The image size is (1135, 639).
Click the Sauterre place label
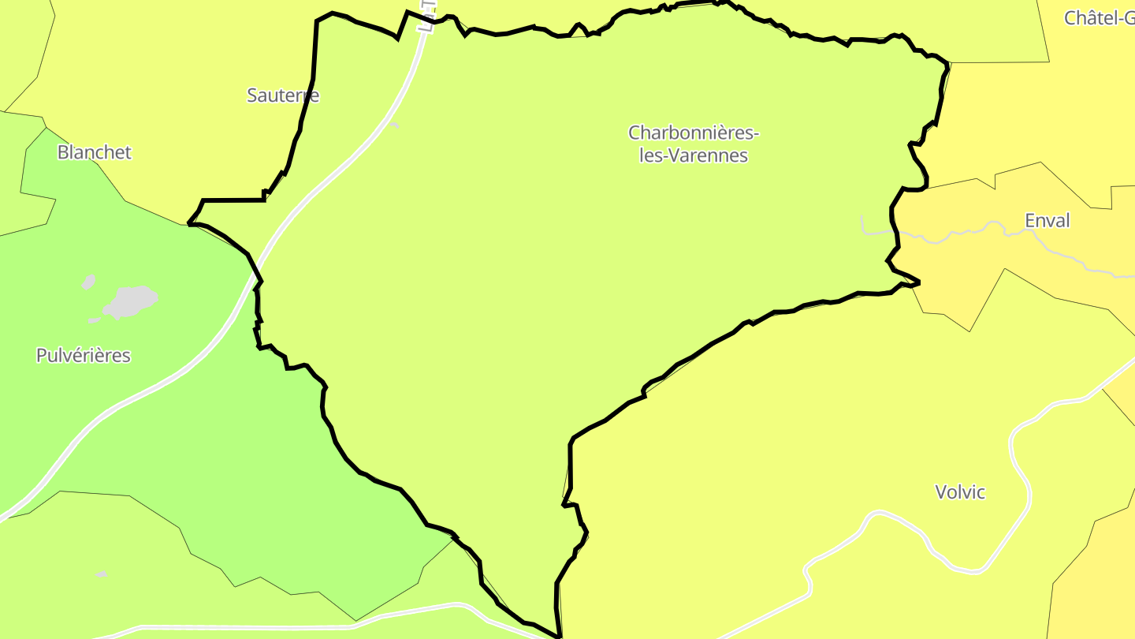pyautogui.click(x=283, y=95)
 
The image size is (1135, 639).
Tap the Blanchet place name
pyautogui.click(x=94, y=152)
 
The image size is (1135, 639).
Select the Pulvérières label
pyautogui.click(x=83, y=356)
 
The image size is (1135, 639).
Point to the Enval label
pyautogui.click(x=1047, y=221)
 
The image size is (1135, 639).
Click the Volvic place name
pyautogui.click(x=960, y=492)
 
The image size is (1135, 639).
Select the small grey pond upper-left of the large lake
pyautogui.click(x=89, y=282)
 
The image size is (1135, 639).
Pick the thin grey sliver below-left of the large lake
pyautogui.click(x=95, y=320)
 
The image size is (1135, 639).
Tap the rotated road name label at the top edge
pyautogui.click(x=427, y=16)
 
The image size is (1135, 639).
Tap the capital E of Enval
pyautogui.click(x=1029, y=221)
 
